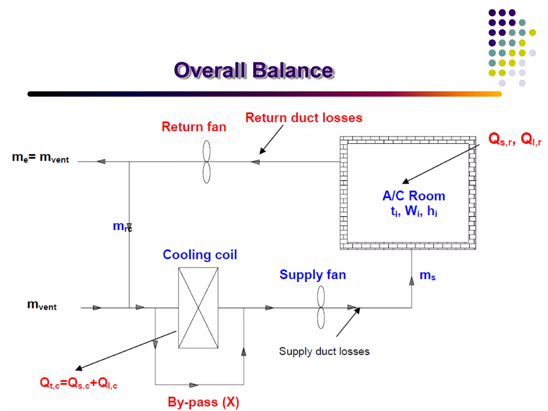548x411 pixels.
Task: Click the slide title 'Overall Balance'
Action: (x=254, y=70)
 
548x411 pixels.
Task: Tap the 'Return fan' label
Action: (x=194, y=127)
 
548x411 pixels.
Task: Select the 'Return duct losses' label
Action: (x=304, y=118)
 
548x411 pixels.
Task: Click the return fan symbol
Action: (x=206, y=162)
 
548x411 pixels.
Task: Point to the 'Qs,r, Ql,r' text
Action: (x=514, y=139)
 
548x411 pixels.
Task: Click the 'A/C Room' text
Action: (x=414, y=196)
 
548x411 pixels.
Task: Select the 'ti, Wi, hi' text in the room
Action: (x=414, y=211)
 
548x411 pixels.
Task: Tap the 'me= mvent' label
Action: (x=40, y=158)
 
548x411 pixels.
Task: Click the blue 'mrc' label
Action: (x=122, y=226)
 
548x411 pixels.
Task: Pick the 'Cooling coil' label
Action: (x=200, y=254)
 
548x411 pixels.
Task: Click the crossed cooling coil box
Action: (x=198, y=308)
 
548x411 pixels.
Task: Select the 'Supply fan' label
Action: (x=313, y=275)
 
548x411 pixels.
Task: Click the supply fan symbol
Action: (x=321, y=307)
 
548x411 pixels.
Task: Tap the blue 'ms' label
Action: (x=427, y=275)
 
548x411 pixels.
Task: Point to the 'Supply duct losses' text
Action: (x=324, y=351)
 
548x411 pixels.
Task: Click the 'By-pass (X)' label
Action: (x=203, y=402)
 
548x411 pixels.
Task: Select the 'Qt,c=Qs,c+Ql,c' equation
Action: (x=78, y=383)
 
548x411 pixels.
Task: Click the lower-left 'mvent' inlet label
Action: (x=42, y=305)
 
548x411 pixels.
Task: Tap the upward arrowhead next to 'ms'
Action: (x=412, y=281)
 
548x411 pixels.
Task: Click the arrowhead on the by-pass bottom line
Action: (x=193, y=385)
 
